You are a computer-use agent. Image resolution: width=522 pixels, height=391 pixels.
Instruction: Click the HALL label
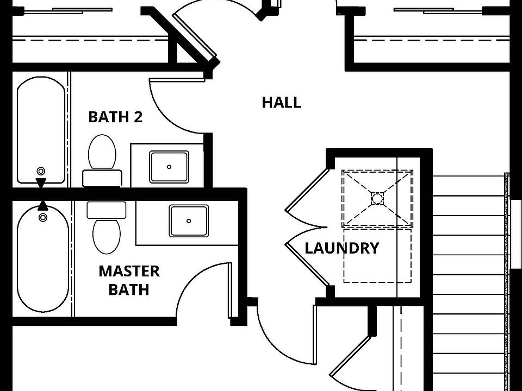[281, 103]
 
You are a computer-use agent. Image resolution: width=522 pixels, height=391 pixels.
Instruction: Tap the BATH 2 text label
[115, 117]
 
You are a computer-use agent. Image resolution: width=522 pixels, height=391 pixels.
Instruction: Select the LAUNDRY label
[342, 248]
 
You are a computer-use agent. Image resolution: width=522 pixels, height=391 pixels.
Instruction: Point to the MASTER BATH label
[129, 280]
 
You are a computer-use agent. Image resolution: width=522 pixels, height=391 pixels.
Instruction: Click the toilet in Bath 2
[102, 160]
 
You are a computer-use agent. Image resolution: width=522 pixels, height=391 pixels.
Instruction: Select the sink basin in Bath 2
[169, 167]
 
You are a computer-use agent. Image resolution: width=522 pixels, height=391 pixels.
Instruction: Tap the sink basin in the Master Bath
[189, 221]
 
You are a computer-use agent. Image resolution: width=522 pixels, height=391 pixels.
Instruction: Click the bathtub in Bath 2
[41, 130]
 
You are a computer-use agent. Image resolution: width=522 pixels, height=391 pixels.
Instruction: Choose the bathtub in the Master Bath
[43, 259]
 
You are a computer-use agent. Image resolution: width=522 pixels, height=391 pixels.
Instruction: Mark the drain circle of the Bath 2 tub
[41, 171]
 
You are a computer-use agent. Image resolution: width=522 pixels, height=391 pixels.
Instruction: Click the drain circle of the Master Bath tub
[43, 217]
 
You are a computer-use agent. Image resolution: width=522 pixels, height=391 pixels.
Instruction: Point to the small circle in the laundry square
[377, 199]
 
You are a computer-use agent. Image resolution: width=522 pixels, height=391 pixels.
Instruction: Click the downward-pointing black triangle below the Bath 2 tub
[41, 183]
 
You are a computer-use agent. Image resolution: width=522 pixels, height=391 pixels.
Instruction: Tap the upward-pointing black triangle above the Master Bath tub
[42, 205]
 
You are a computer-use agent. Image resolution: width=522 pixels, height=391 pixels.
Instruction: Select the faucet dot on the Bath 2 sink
[169, 167]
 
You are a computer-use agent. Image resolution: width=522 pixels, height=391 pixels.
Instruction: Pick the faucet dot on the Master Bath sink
[189, 221]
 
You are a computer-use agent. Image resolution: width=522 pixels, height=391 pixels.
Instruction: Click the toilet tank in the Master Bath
[107, 210]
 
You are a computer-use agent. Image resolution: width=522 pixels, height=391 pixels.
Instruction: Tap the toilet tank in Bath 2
[102, 178]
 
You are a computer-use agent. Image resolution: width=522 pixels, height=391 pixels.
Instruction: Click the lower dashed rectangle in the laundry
[377, 255]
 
